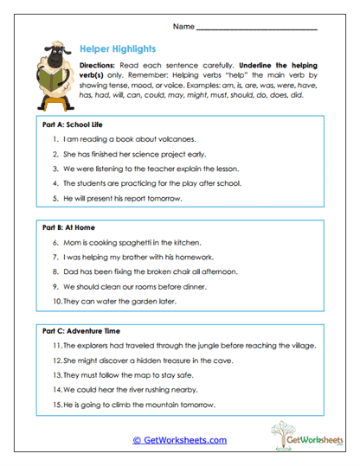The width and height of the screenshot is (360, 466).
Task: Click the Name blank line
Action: click(x=257, y=29)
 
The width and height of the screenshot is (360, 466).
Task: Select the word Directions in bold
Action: click(x=100, y=66)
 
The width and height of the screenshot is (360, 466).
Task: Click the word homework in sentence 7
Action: click(x=199, y=257)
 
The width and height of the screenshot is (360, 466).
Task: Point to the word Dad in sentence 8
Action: click(x=71, y=271)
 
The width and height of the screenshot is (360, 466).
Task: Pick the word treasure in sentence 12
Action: click(x=183, y=361)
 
